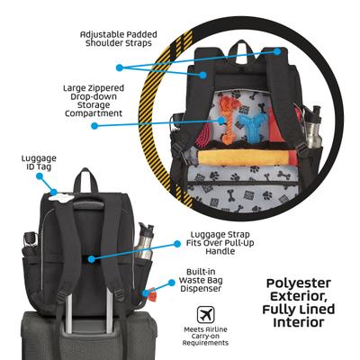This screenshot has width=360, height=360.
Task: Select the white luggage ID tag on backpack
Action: pos(54,192)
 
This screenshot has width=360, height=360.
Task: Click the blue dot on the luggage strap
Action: pos(91,256)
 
